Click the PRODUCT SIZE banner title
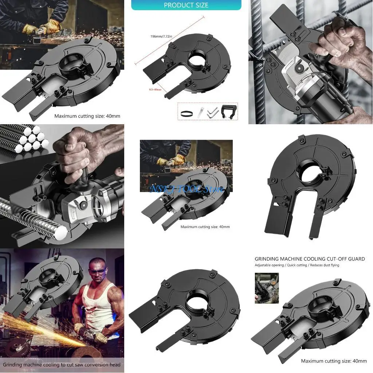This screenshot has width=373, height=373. click(x=186, y=5)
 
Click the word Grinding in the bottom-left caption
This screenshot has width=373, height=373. click(x=15, y=364)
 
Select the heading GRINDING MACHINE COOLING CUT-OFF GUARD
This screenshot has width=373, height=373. click(x=310, y=259)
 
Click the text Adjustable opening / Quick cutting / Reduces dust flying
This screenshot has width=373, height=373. click(x=297, y=265)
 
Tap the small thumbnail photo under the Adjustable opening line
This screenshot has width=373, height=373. click(x=267, y=288)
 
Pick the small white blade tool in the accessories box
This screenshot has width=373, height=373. click(x=200, y=113)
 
